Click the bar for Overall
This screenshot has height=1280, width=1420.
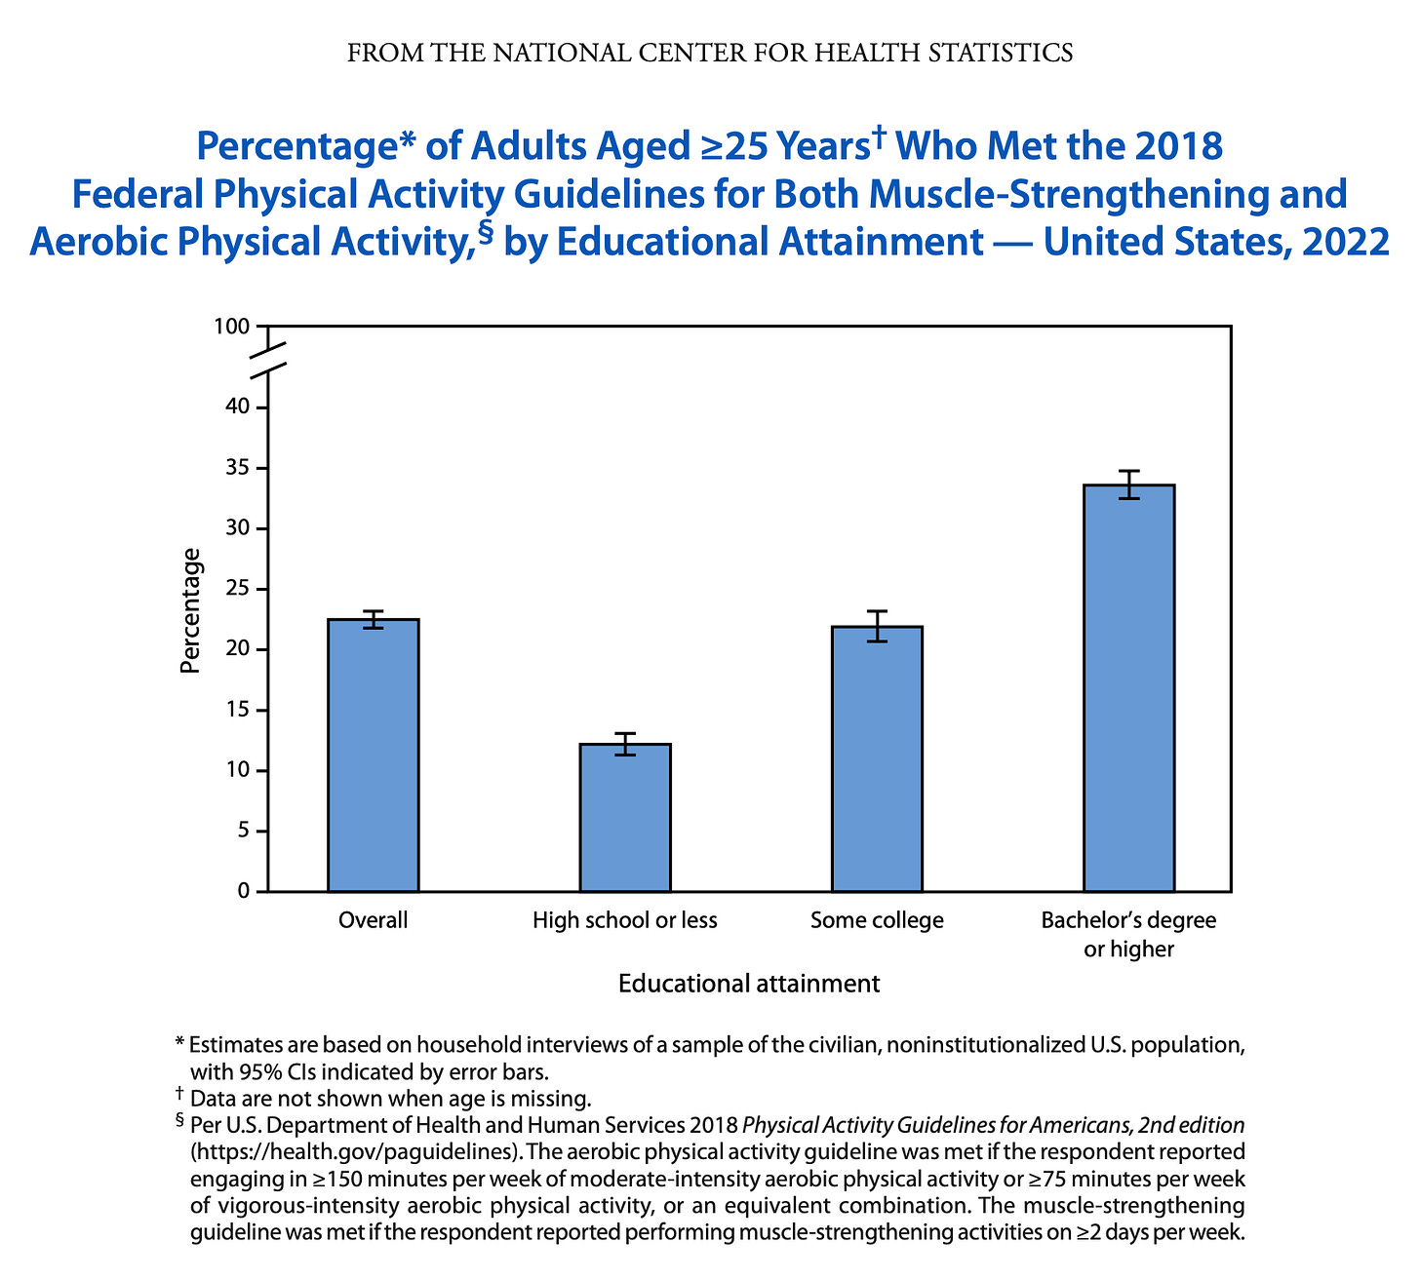pos(374,756)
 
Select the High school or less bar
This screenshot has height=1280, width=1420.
pos(625,818)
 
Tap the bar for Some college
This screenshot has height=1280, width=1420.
pos(877,759)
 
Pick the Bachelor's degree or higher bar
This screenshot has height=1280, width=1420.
pos(1128,688)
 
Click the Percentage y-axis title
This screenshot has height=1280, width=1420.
pos(192,611)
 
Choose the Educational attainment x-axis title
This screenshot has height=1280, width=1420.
pos(749,983)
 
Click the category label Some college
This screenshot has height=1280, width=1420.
pos(877,920)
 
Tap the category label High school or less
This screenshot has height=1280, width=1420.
pos(625,920)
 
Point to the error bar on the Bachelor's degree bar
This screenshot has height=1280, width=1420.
pos(1128,485)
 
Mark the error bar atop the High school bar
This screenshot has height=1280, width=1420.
pos(625,744)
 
